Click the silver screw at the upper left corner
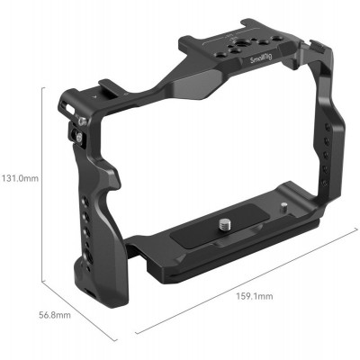click(82, 120)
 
